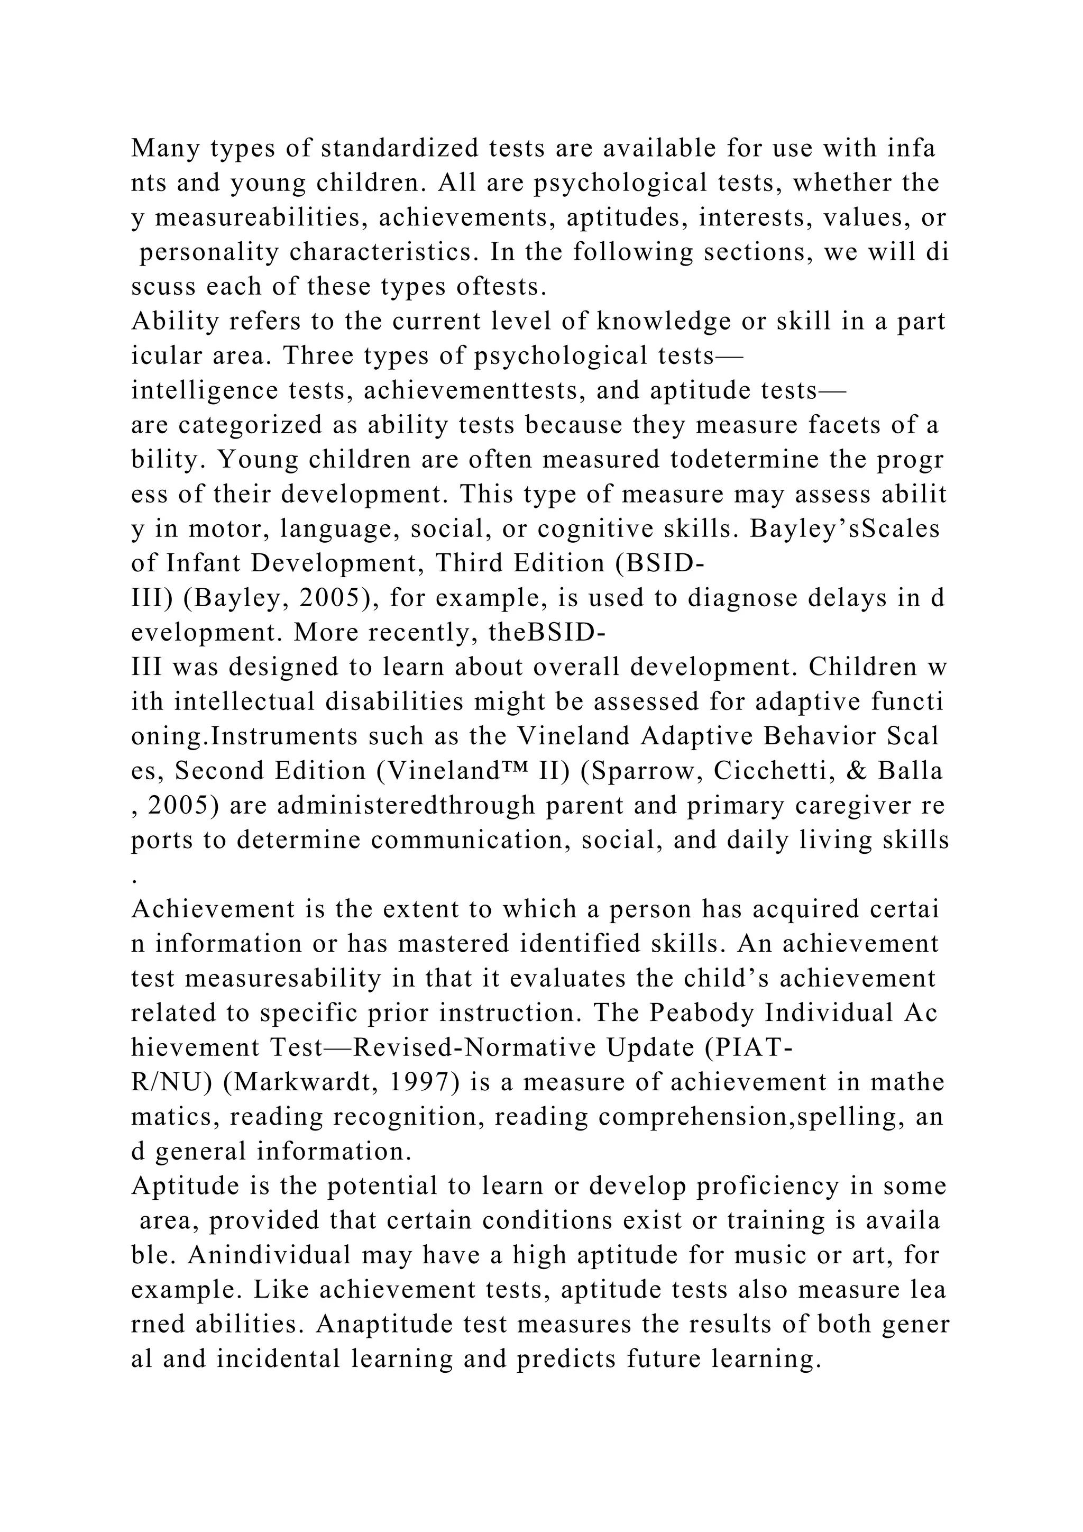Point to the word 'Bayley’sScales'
pyautogui.click(x=845, y=529)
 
